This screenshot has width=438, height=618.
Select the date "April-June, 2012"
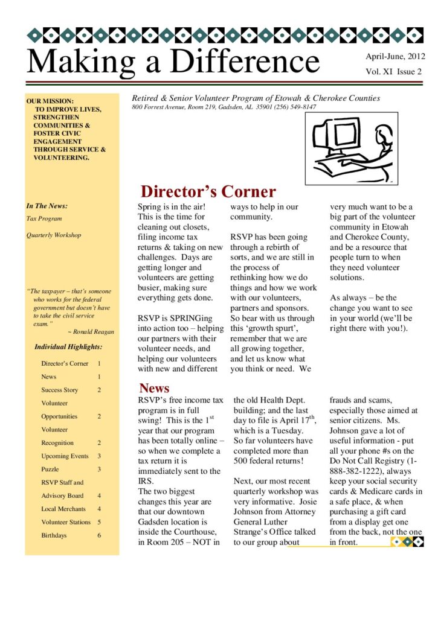[x=395, y=57]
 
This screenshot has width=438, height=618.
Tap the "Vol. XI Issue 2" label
[x=393, y=72]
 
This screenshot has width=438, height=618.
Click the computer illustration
[x=351, y=147]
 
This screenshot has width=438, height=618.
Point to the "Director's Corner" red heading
[x=208, y=192]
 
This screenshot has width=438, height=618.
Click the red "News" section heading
[x=154, y=388]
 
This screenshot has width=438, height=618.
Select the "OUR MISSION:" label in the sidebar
[x=50, y=101]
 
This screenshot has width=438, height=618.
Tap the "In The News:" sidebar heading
[x=47, y=206]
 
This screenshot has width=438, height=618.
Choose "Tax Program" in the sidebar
[x=44, y=218]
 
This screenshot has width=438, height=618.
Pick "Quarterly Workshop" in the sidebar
[x=53, y=235]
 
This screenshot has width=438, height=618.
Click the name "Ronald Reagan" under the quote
[x=93, y=331]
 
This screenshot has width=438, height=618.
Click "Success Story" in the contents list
[x=59, y=390]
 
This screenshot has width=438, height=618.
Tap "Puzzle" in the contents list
[x=50, y=469]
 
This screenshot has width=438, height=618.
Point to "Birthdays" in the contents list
[x=54, y=535]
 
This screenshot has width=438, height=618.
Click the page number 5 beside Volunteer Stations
[x=99, y=522]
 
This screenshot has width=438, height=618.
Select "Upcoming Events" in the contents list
[x=65, y=456]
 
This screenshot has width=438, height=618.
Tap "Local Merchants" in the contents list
[x=63, y=509]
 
